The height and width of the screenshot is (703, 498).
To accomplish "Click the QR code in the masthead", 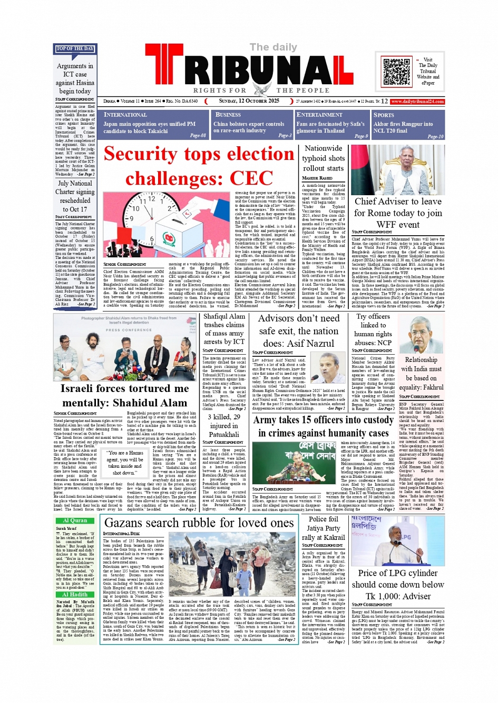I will point(396,72).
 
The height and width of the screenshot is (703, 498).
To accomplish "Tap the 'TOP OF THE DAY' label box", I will point(75,49).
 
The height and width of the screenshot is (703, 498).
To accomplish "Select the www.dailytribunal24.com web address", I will point(417,102).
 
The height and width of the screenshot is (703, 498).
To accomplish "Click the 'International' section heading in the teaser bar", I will point(125,115).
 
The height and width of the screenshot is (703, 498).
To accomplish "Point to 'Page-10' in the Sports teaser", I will point(435,136).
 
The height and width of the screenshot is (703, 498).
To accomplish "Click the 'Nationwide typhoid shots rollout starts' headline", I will point(323,158).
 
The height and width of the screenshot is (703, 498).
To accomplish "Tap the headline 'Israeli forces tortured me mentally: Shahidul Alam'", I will point(124,396).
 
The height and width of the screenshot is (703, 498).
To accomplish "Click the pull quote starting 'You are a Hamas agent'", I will point(125,463).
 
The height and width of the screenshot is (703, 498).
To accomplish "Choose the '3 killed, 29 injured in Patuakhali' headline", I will point(224,426).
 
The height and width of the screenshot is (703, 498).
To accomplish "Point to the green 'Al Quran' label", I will point(75,520).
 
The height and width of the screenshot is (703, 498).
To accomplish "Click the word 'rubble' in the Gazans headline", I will point(199,523).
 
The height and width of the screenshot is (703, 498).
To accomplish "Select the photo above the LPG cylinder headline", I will point(397,541).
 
